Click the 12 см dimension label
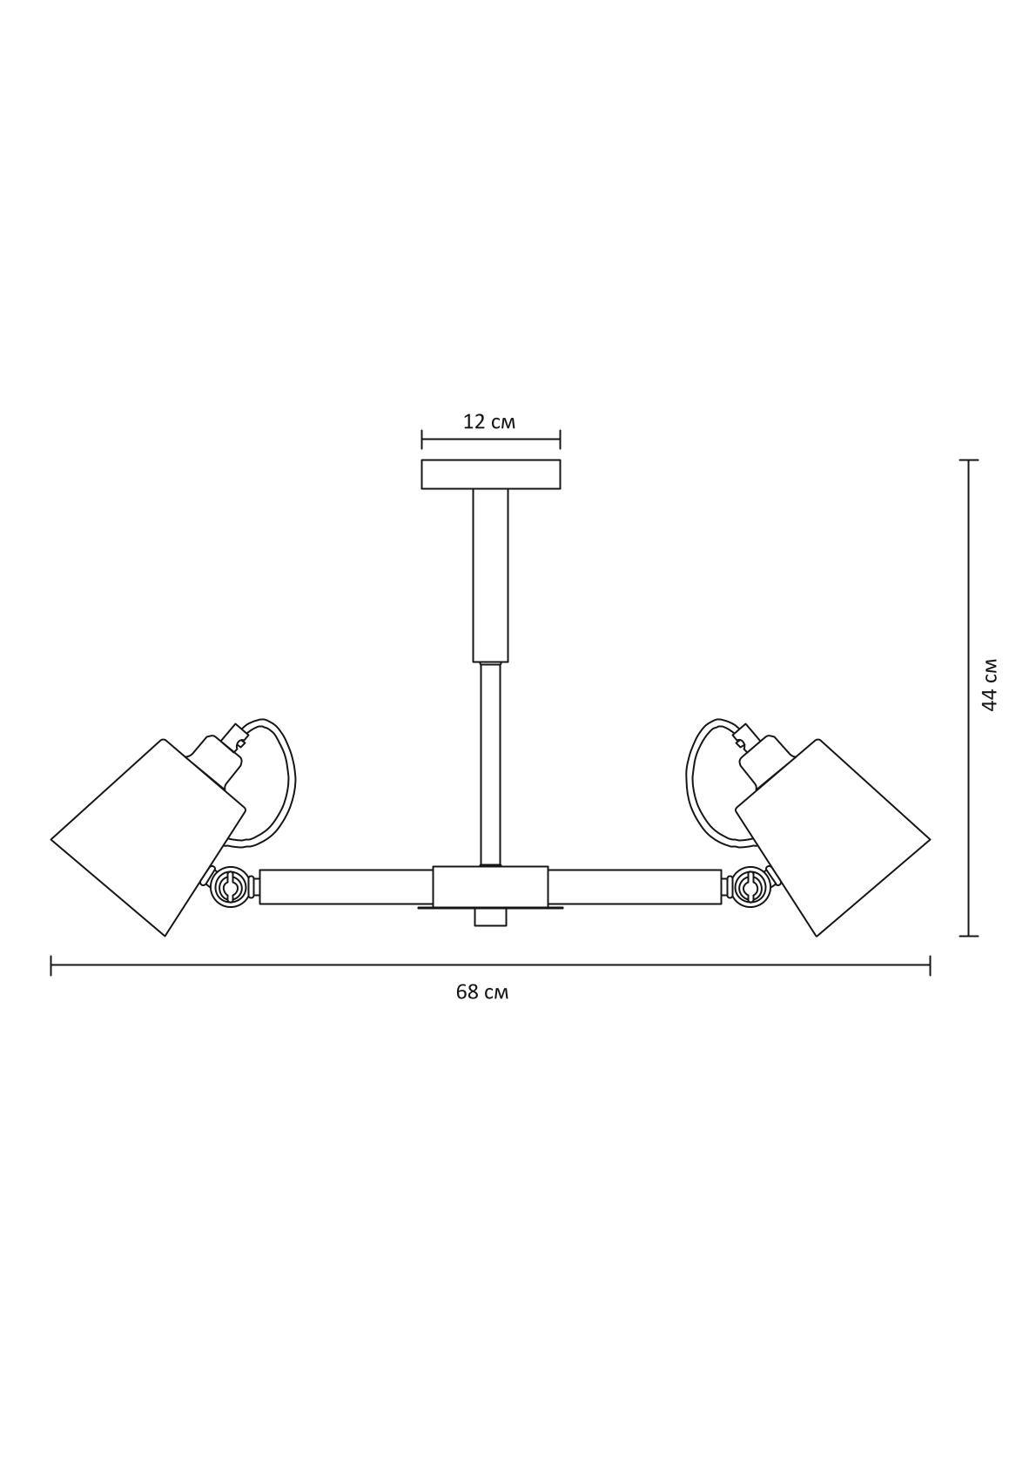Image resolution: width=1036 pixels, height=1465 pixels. pos(490,422)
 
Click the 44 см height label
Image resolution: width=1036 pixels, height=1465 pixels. pos(990,683)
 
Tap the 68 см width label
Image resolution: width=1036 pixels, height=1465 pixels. pos(482,992)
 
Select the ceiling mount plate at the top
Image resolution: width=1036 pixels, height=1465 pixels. pos(490,474)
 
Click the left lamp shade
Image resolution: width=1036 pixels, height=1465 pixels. pos(149,837)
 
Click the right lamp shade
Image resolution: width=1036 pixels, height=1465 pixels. pos(832,837)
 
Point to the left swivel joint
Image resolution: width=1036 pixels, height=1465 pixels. pos(230,887)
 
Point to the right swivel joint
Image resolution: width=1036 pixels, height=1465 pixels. pos(751,887)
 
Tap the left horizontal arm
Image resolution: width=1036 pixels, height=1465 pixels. pos(346,887)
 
